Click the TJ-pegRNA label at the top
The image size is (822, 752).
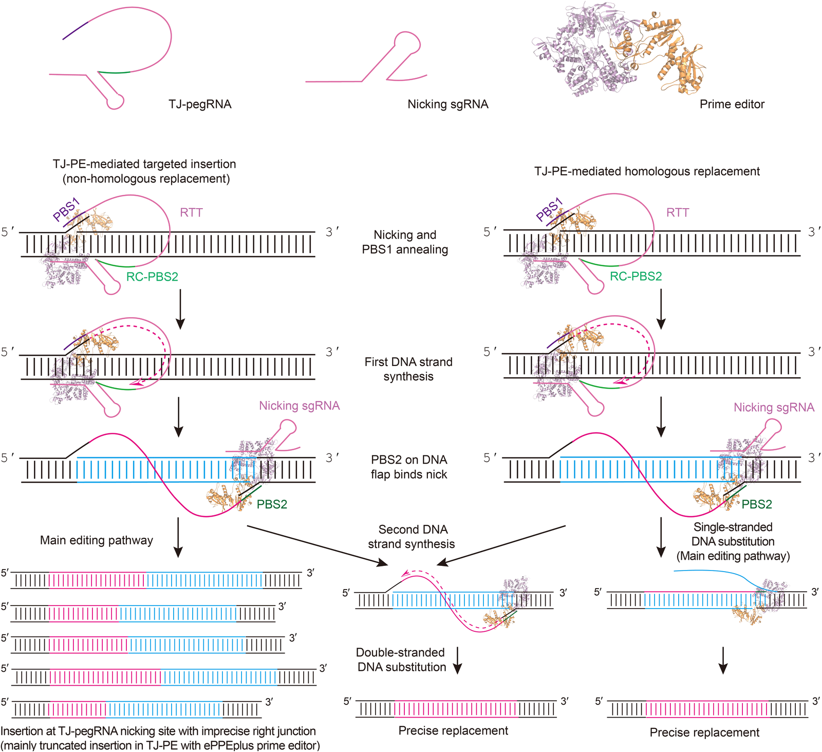click(x=200, y=104)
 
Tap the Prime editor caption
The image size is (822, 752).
click(x=732, y=104)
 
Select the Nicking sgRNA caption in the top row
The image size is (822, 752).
click(x=448, y=104)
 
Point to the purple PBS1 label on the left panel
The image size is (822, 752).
click(x=67, y=210)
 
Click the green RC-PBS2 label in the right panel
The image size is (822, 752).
click(x=636, y=276)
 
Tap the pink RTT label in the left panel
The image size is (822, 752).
click(x=191, y=212)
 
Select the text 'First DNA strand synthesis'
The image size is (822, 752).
click(x=408, y=369)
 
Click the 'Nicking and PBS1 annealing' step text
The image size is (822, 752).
click(x=405, y=242)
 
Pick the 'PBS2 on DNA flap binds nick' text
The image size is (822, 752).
click(x=409, y=467)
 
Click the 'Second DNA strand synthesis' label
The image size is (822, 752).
click(x=412, y=537)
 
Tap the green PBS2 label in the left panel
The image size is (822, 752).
click(x=272, y=504)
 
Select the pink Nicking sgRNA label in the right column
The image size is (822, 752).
click(x=774, y=408)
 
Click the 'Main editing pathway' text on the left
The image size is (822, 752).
click(x=97, y=540)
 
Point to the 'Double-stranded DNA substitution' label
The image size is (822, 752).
click(x=401, y=659)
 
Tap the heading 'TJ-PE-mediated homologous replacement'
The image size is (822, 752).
click(x=647, y=171)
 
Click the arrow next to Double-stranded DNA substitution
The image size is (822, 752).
click(x=457, y=660)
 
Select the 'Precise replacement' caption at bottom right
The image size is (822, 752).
click(x=704, y=732)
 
